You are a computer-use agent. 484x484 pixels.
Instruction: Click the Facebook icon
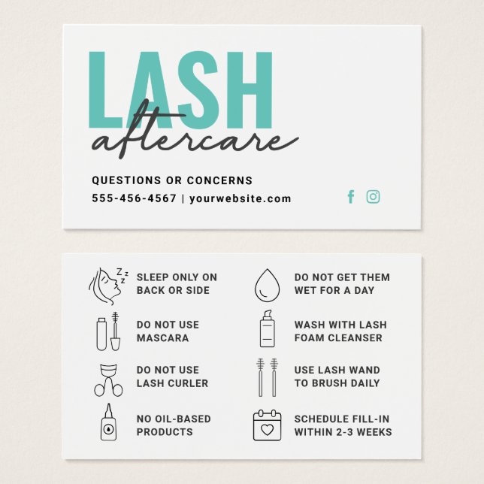[x=350, y=197]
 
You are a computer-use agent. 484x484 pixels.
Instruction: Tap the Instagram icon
[x=373, y=197]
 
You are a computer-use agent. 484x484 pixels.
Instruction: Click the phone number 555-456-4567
[x=134, y=199]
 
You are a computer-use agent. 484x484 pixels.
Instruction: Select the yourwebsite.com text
[x=240, y=199]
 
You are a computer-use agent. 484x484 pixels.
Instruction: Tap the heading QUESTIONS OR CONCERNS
[x=172, y=180]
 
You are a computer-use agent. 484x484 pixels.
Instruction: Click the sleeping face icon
[x=108, y=283]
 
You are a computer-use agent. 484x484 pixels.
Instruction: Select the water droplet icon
[x=266, y=284]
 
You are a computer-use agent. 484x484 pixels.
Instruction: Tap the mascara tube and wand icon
[x=108, y=331]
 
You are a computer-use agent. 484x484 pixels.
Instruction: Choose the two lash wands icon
[x=266, y=377]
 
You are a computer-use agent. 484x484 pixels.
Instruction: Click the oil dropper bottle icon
[x=108, y=423]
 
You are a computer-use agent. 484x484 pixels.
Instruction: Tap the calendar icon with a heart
[x=266, y=425]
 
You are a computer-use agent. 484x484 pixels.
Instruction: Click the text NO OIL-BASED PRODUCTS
[x=174, y=425]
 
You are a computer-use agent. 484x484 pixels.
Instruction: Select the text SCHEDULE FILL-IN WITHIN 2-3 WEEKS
[x=343, y=425]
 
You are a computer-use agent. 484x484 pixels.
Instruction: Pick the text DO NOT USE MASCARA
[x=168, y=331]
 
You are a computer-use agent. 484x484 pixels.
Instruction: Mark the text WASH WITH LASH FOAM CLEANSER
[x=340, y=331]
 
